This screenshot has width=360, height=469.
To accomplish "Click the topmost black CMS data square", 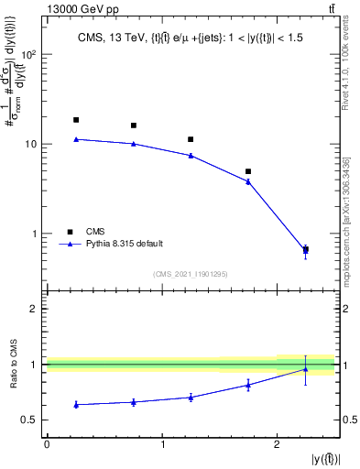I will click(76, 120).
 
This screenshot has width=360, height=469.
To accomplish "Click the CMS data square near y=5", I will click(248, 171).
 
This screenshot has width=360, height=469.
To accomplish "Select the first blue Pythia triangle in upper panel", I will click(76, 139).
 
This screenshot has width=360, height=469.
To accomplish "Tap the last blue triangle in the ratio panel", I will click(305, 369).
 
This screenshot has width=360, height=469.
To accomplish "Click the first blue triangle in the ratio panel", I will click(76, 404).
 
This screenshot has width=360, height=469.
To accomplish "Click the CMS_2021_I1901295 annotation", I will click(191, 274).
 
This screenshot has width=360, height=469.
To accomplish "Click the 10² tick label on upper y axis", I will click(27, 55).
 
